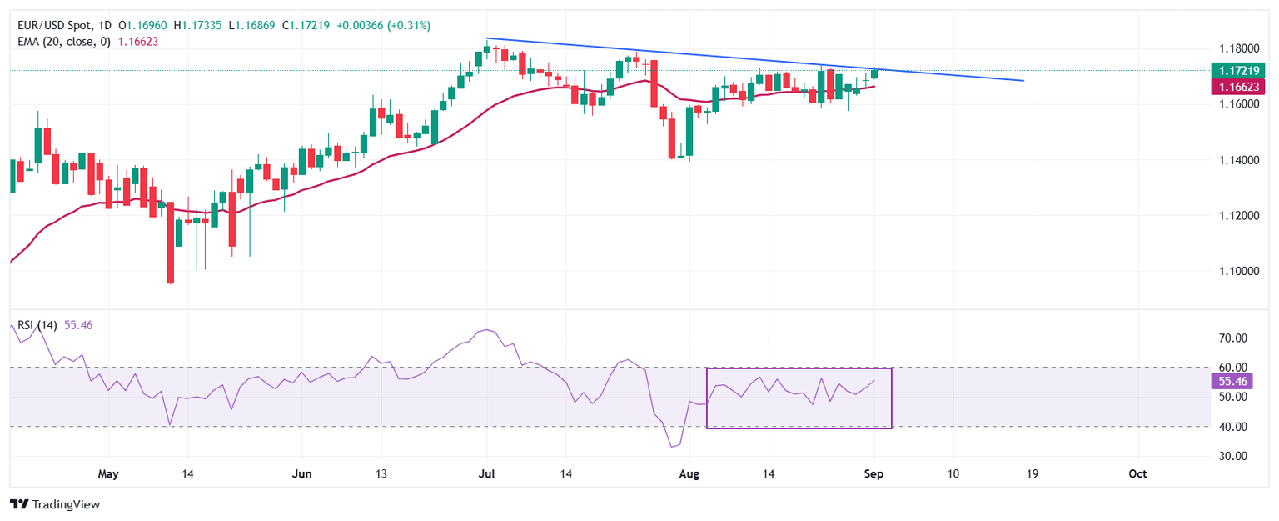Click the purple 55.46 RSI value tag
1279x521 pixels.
coord(1232,381)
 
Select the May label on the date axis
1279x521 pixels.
coord(108,474)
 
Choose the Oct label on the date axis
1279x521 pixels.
coord(1137,474)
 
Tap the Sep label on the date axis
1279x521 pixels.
coord(874,474)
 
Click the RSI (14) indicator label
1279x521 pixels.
coord(37,325)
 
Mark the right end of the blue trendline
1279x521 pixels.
coord(1023,81)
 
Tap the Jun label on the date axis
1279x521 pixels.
coord(302,474)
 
